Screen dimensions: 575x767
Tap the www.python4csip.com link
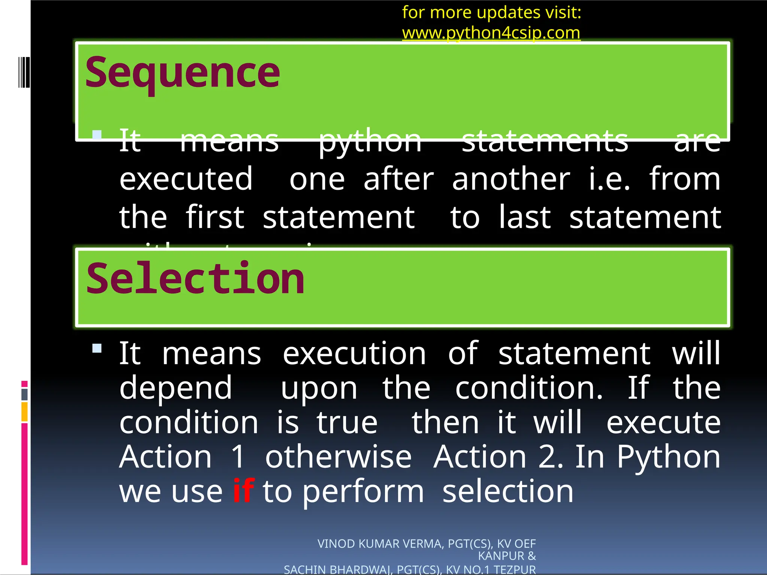point(491,33)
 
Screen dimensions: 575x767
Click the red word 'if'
point(243,491)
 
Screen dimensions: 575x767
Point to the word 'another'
point(511,179)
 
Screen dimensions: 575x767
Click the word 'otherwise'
point(339,457)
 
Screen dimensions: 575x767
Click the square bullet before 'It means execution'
point(97,349)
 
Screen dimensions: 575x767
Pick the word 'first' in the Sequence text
point(215,217)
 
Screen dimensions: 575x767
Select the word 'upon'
point(319,388)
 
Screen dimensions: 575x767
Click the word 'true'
point(347,423)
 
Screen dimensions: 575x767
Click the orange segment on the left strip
point(24,412)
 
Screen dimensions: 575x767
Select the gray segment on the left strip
point(24,394)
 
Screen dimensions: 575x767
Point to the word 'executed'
point(186,179)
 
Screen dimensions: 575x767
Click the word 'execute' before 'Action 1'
point(663,423)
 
